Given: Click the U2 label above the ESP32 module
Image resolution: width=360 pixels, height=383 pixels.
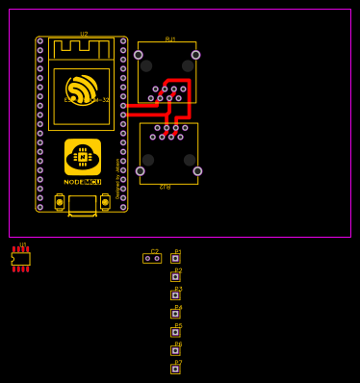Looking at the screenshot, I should (84, 34).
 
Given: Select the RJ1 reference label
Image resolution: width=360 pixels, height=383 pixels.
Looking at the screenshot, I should (170, 39).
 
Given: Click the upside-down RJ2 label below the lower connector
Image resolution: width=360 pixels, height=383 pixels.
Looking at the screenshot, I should (166, 187).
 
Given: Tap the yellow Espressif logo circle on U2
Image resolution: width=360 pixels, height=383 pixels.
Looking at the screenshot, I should (82, 89).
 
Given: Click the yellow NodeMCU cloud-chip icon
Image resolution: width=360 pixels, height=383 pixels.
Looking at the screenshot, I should (83, 156).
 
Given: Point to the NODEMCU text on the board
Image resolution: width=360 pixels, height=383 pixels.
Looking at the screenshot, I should (83, 181).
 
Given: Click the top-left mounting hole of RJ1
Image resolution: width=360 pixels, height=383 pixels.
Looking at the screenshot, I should (139, 55).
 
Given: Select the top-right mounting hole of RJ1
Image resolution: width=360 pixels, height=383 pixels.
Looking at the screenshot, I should (195, 55).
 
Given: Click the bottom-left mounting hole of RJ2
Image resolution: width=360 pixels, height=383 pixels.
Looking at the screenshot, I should (141, 171).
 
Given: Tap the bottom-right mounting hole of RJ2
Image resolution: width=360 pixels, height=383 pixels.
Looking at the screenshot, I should (197, 171).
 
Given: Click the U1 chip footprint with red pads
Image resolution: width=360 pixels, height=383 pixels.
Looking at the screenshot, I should (21, 259).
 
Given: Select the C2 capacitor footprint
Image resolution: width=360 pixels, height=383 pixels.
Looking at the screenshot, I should (152, 258).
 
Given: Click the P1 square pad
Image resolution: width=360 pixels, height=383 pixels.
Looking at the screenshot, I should (175, 258).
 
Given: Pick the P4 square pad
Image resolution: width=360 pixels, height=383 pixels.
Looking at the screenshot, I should (175, 314).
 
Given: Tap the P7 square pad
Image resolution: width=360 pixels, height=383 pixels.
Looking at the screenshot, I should (175, 369).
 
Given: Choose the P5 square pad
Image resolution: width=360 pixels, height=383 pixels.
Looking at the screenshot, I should (175, 332).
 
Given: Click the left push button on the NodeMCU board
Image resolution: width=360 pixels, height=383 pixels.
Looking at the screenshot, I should (60, 203).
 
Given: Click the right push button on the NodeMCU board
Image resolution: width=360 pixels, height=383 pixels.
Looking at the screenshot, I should (105, 203).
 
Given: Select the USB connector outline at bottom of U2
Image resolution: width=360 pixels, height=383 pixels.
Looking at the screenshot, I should (82, 205).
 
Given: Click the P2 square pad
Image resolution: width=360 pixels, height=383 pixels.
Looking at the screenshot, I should (175, 276).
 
